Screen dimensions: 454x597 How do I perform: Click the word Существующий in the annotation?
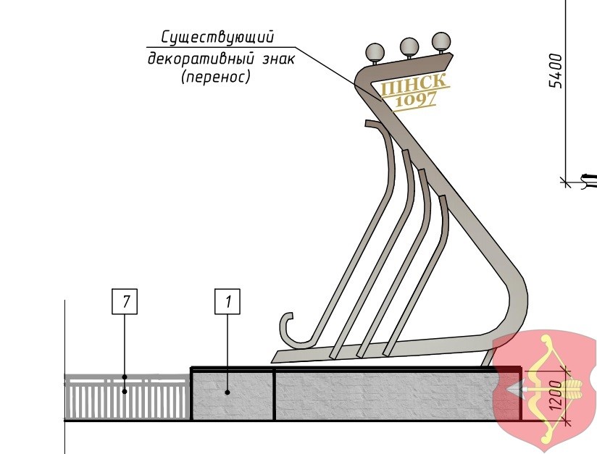[217, 38]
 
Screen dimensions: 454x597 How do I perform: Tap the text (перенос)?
[215, 77]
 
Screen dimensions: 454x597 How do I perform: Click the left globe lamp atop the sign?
[375, 52]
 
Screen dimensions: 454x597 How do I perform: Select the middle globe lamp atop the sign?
[409, 46]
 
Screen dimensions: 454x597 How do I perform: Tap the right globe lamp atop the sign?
[441, 41]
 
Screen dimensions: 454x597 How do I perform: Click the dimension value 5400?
[556, 70]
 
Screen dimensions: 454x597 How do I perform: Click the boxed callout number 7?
[125, 301]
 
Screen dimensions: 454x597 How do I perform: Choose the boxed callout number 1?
[228, 301]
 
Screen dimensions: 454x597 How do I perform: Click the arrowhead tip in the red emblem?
[509, 390]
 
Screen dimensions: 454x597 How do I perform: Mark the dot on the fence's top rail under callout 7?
[125, 377]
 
